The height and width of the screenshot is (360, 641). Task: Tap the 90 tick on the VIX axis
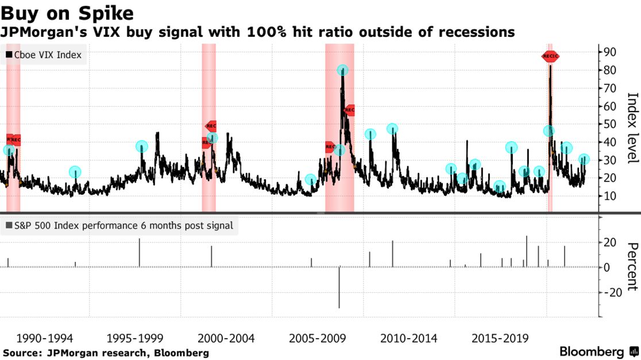[610, 52]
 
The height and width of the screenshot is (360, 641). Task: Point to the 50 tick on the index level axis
[610, 124]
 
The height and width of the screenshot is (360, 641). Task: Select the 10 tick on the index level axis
[610, 196]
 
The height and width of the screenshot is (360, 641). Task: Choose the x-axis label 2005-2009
[315, 338]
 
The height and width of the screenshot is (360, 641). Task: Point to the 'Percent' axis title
[632, 266]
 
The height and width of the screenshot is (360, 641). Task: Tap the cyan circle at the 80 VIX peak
[342, 71]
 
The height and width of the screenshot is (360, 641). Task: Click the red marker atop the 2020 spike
[550, 56]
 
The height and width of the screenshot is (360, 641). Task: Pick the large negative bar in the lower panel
[339, 287]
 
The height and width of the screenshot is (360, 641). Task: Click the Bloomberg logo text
[592, 351]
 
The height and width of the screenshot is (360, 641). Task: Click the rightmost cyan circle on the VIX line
[584, 159]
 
